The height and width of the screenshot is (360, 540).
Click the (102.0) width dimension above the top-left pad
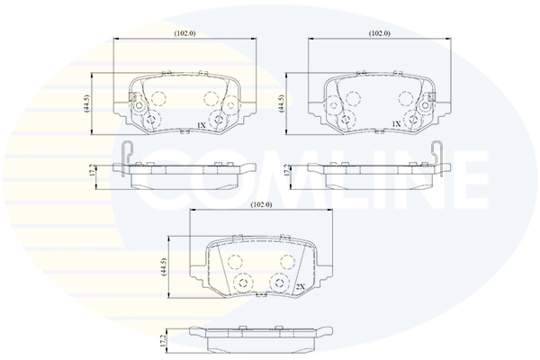184,33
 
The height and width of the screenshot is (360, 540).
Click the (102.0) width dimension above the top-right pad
380,33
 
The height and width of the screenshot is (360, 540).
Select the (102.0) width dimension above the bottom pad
261,204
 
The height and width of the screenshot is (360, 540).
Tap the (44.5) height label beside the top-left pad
86,103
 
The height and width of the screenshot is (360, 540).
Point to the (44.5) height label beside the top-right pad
281,103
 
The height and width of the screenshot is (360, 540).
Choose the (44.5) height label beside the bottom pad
163,266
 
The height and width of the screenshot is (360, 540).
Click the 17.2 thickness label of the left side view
91,170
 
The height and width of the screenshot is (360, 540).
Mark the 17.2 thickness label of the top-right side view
286,170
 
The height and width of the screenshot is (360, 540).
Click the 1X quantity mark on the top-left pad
201,126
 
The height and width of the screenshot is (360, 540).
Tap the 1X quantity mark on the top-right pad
396,123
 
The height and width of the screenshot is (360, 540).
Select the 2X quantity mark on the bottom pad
301,286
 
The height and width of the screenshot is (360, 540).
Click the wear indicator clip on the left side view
128,157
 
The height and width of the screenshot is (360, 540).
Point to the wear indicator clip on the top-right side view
436,157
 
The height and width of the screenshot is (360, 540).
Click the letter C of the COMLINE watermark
166,180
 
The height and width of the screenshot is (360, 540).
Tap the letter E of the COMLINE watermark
469,180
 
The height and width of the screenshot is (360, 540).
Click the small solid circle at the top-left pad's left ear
139,105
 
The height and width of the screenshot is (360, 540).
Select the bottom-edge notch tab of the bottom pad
261,294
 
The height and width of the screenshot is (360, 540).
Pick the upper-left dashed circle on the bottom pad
236,262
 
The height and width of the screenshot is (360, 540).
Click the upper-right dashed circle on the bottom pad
287,262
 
